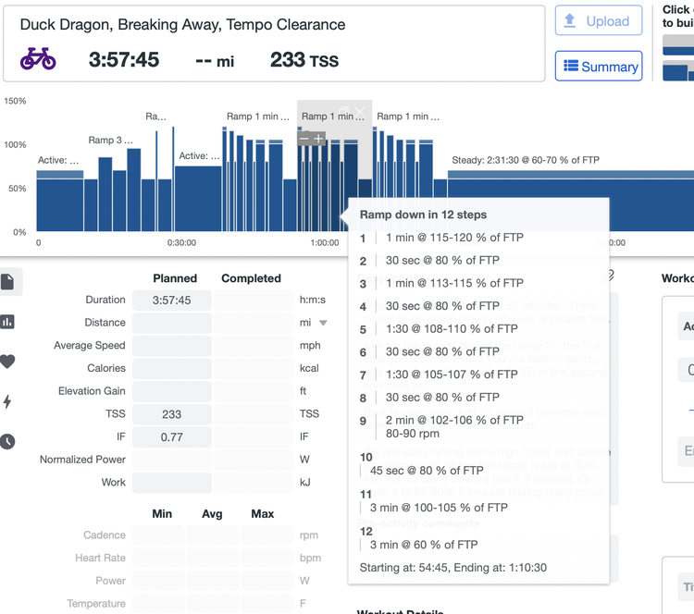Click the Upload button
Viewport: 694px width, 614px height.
point(598,21)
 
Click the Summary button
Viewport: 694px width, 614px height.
point(599,67)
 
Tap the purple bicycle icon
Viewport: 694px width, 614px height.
point(38,60)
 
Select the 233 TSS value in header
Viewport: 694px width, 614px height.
point(304,60)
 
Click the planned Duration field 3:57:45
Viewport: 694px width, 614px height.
point(171,301)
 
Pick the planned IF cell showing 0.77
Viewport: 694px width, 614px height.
point(171,437)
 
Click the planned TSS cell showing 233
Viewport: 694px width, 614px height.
point(171,414)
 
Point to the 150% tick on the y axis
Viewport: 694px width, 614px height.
point(15,101)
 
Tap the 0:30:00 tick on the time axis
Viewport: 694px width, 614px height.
point(181,243)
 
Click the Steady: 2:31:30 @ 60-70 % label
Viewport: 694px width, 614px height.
point(525,160)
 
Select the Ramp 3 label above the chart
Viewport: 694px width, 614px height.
point(111,141)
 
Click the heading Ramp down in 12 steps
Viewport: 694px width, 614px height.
point(423,215)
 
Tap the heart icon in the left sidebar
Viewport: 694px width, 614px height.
point(8,362)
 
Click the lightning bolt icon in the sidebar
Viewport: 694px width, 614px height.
point(8,401)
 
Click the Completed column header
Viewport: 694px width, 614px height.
point(251,278)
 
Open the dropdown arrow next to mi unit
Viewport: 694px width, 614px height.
point(323,324)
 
